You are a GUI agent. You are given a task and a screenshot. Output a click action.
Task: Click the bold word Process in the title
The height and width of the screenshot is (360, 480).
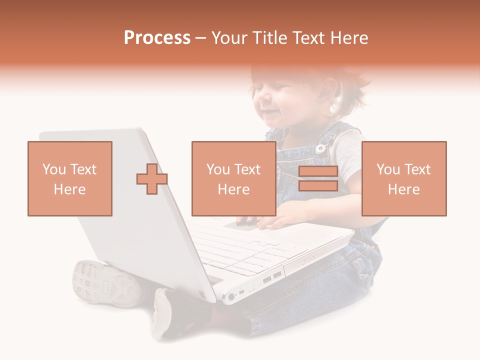[x=157, y=38]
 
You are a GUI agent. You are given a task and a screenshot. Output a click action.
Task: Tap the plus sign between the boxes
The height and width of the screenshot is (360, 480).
[x=152, y=179]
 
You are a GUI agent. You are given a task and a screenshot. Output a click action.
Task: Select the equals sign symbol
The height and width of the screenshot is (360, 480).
[x=318, y=179]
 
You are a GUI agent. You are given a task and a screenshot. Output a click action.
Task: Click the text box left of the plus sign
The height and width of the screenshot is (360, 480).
[x=70, y=178]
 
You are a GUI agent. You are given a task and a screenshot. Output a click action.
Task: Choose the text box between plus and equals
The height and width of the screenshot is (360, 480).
[x=233, y=178]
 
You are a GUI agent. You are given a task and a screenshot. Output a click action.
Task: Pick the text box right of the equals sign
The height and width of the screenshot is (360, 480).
[x=403, y=178]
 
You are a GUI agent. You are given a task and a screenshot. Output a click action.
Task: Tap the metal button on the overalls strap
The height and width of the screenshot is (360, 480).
[x=320, y=148]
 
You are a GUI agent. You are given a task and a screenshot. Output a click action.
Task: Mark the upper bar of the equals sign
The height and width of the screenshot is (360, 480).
[x=318, y=171]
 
